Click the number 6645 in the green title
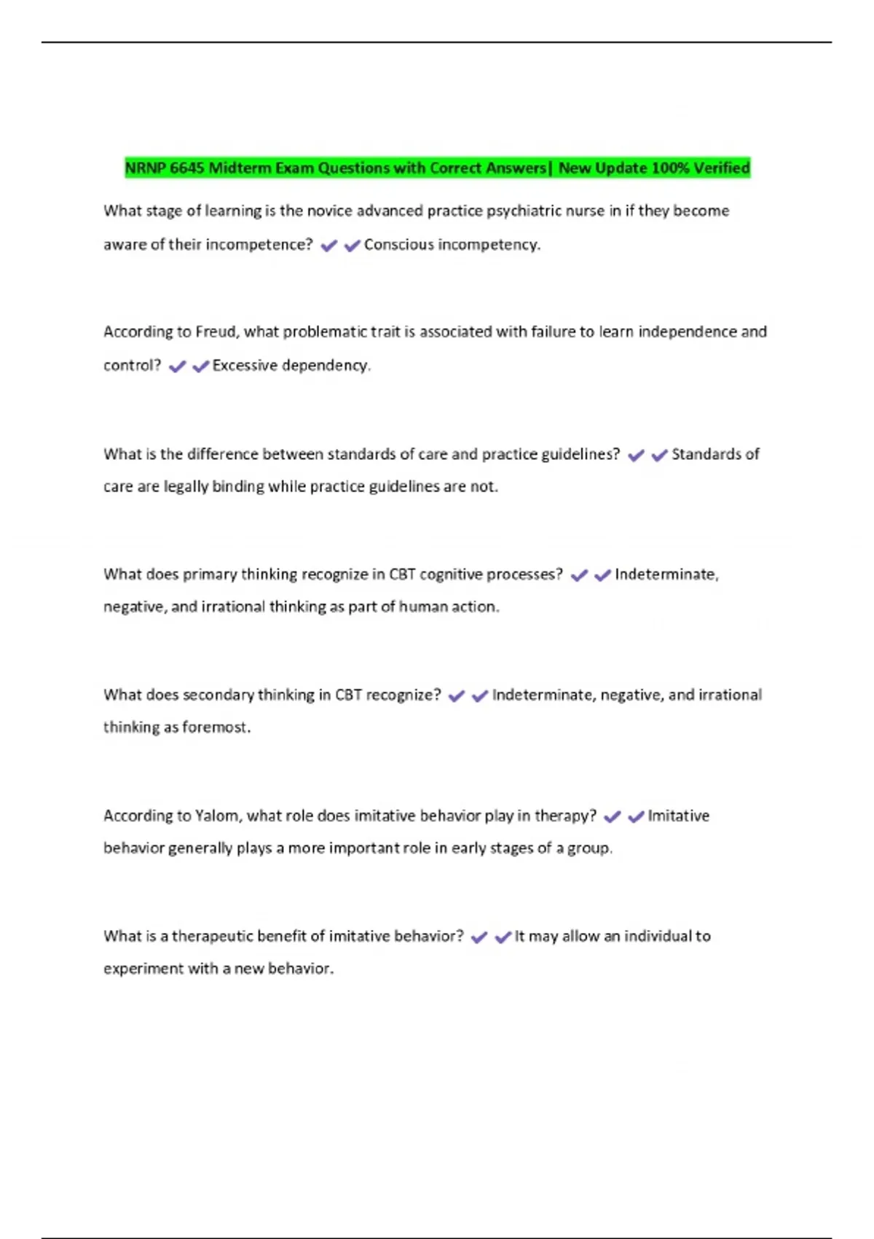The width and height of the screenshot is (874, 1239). click(186, 168)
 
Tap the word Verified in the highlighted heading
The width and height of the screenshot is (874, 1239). click(721, 168)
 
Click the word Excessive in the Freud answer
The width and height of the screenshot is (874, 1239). click(245, 365)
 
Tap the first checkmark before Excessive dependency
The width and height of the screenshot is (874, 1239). click(177, 367)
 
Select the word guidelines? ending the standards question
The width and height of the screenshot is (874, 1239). click(581, 454)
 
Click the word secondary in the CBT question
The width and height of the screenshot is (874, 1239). click(217, 695)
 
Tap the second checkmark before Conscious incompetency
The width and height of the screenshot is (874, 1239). click(353, 246)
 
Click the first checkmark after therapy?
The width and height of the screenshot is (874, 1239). click(613, 817)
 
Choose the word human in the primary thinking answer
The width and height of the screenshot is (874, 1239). click(420, 606)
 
